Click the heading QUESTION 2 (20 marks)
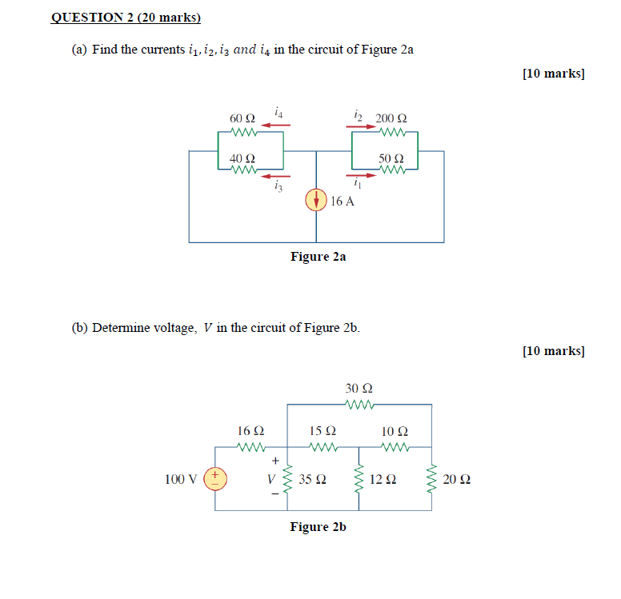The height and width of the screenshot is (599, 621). (x=125, y=17)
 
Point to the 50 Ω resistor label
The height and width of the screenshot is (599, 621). (x=391, y=158)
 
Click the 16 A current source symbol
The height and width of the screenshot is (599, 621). (x=316, y=200)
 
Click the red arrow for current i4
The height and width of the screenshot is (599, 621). (x=276, y=124)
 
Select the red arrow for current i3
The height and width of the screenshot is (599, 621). (x=276, y=175)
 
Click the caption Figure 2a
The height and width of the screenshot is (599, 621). (x=318, y=257)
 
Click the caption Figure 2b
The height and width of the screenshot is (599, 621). (x=318, y=527)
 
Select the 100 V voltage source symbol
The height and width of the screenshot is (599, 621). (x=215, y=479)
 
